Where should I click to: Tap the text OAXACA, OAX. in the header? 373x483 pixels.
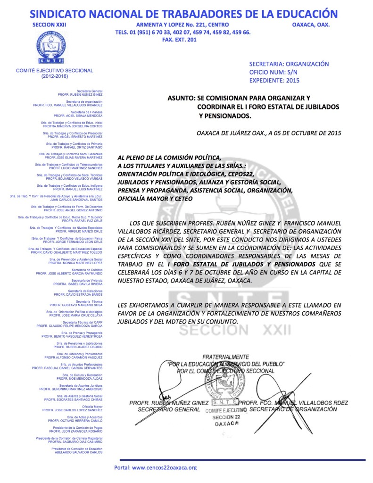(x=311, y=25)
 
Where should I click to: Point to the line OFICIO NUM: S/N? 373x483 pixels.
(x=274, y=72)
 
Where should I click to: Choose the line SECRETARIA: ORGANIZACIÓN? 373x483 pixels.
(x=289, y=64)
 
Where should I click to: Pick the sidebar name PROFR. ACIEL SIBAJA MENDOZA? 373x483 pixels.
(x=78, y=115)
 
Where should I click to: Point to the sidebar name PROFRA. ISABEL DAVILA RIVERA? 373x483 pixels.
(x=78, y=284)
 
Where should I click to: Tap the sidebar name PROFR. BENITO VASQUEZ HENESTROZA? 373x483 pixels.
(x=72, y=336)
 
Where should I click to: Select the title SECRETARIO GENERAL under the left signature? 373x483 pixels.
(x=163, y=409)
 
